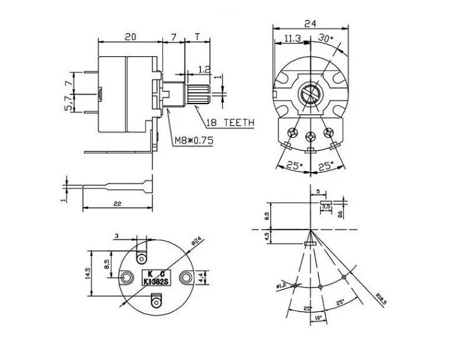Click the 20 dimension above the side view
pos(130,37)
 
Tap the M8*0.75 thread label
pos(194,141)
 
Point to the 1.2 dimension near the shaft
pos(204,69)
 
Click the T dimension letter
pos(197,37)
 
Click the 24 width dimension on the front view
pos(310,24)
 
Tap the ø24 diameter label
pos(198,239)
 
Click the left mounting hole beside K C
pos(127,277)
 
